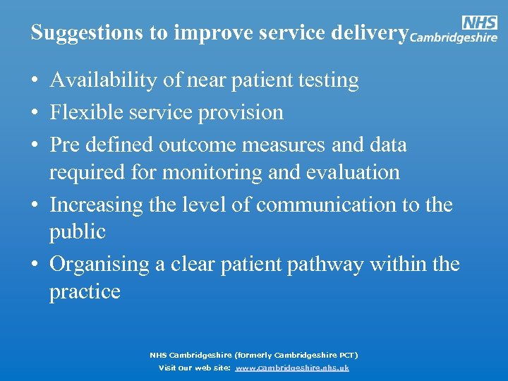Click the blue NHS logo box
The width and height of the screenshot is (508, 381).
[479, 23]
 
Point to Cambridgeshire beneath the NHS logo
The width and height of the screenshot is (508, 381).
[454, 38]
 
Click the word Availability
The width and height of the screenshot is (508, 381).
[104, 81]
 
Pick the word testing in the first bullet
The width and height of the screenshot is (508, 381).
[326, 81]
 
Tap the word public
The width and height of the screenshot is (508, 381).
[77, 232]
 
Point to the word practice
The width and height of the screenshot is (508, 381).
[85, 291]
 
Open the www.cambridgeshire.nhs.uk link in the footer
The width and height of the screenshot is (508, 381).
[291, 368]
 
